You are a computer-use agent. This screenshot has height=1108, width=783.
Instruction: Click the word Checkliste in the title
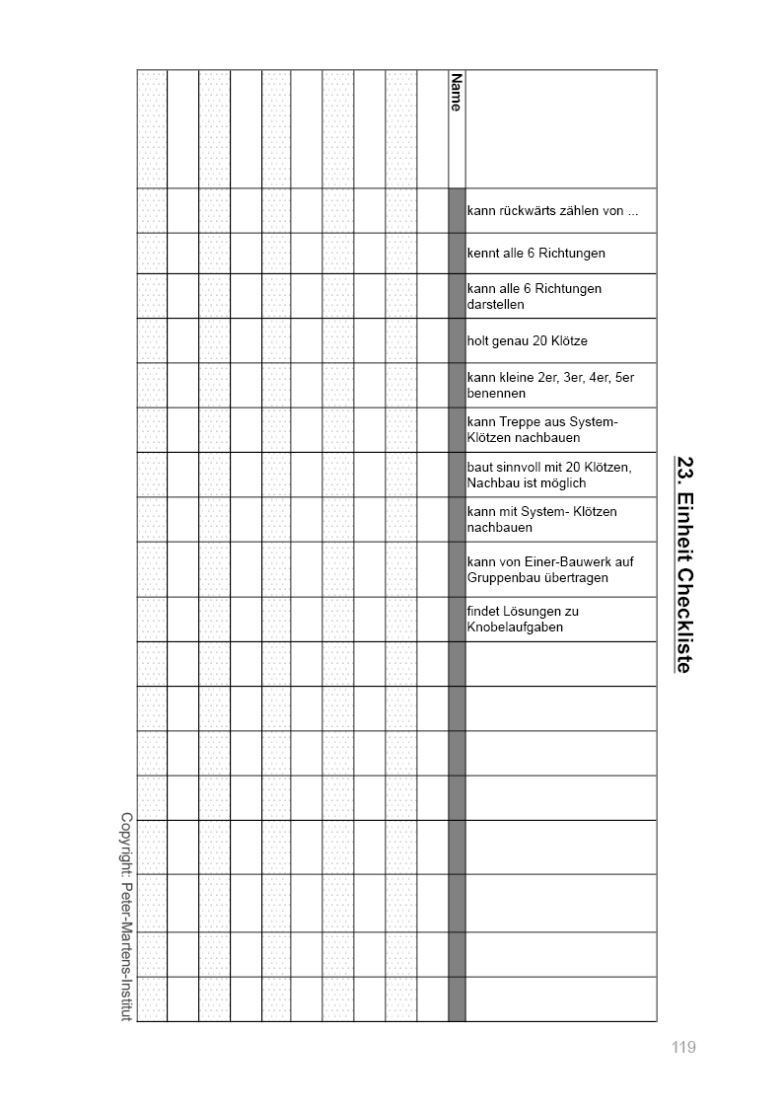click(684, 621)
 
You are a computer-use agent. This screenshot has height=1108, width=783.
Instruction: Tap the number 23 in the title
click(684, 468)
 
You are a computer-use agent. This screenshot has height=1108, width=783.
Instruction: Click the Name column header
click(456, 92)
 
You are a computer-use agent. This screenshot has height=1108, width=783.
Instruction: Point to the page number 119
click(683, 1047)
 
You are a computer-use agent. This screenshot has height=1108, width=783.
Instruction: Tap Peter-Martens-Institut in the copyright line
click(126, 953)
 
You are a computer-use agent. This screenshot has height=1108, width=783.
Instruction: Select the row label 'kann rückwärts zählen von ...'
click(552, 210)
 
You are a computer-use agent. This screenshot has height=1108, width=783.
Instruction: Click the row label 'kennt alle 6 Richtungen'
click(535, 254)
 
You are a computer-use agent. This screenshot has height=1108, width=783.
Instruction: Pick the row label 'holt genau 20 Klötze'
click(527, 341)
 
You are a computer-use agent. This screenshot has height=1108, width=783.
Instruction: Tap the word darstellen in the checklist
click(496, 305)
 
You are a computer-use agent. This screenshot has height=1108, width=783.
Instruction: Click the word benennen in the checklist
click(496, 394)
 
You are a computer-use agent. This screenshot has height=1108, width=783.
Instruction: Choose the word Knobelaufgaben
click(515, 628)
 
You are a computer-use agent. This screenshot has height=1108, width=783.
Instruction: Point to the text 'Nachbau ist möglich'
click(527, 482)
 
